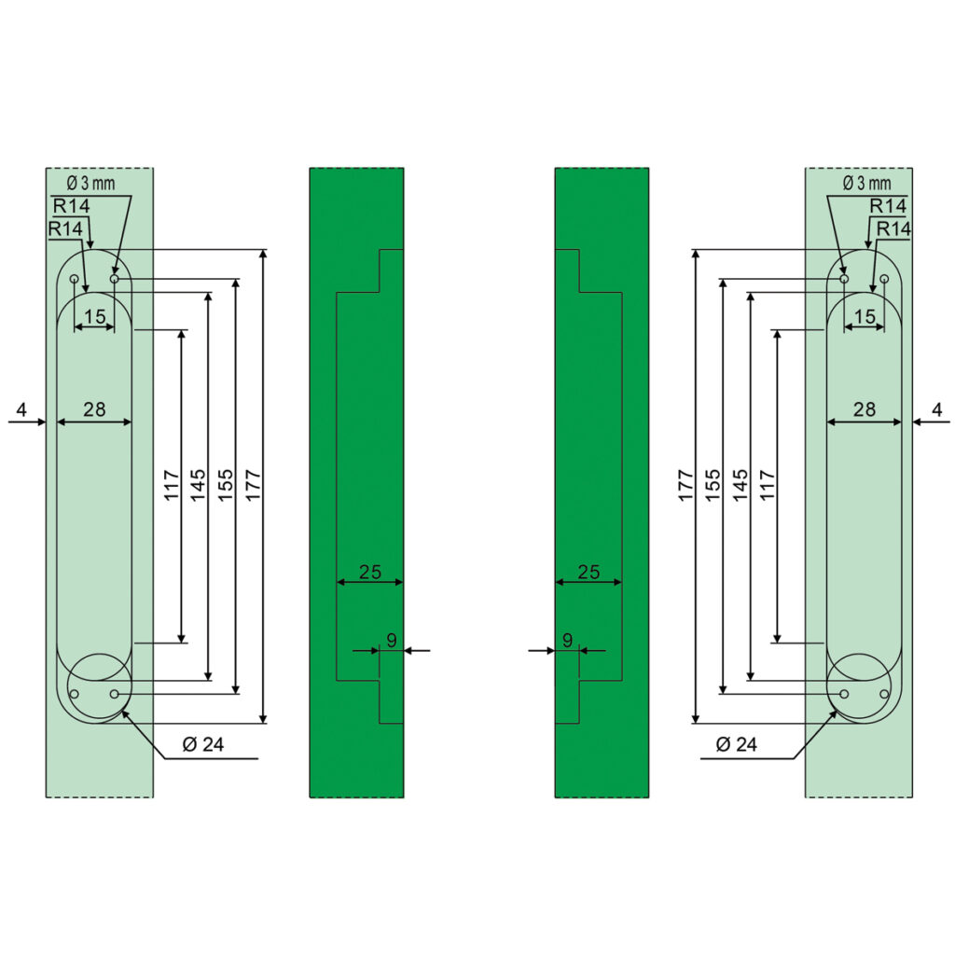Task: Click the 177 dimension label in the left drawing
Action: coord(254,485)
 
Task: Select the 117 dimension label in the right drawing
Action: coord(768,485)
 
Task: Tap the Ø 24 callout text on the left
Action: coord(203,743)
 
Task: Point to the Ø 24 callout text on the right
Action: coord(737,743)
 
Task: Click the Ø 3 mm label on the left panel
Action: coord(90,183)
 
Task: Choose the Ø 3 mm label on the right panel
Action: coord(866,183)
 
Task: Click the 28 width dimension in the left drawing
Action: coord(94,409)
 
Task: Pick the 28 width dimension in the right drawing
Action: coord(865,409)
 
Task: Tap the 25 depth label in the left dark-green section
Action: coord(369,572)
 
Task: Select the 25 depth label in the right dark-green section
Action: coord(588,572)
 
